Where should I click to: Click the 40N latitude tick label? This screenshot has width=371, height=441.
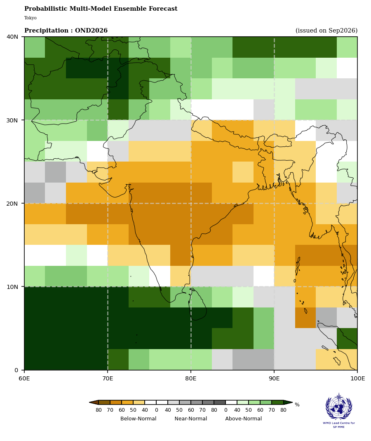(x=12, y=37)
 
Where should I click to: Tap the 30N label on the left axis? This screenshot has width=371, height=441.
(x=12, y=120)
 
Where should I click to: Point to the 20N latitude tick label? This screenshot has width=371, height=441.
(x=12, y=203)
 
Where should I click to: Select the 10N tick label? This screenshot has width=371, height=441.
(x=12, y=286)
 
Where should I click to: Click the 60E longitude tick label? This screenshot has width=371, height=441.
(x=24, y=379)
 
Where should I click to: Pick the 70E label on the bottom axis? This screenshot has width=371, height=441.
(x=108, y=379)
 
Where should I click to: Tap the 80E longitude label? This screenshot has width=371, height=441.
(x=191, y=379)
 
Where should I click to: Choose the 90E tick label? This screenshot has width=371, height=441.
(x=274, y=379)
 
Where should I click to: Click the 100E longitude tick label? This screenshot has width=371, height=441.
(x=357, y=379)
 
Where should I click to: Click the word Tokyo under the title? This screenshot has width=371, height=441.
(x=31, y=18)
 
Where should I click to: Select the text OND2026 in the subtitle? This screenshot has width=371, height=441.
(x=91, y=30)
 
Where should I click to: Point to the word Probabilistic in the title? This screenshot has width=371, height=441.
(x=46, y=9)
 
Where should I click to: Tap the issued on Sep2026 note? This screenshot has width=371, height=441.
(x=326, y=30)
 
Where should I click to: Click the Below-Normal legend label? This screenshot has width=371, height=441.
(x=138, y=418)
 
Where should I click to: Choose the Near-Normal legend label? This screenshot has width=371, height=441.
(x=191, y=418)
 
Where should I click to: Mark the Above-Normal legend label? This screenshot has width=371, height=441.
(x=243, y=418)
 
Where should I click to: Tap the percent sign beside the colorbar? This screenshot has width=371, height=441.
(x=297, y=405)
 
